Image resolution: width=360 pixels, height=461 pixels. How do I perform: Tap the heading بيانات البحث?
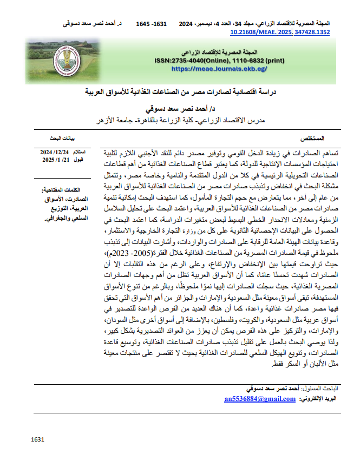click(x=69, y=139)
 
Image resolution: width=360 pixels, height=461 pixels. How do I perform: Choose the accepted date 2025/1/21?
click(x=56, y=160)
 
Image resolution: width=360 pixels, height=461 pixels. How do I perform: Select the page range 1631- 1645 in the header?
click(x=151, y=24)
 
